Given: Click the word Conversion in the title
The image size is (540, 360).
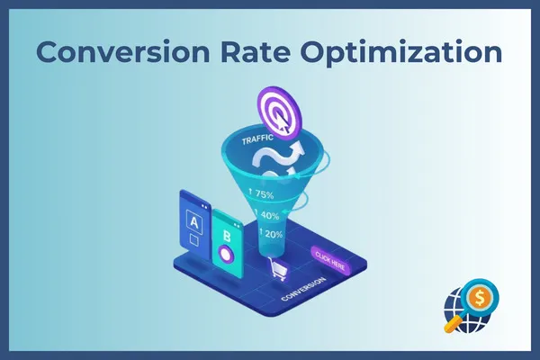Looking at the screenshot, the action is [123, 51].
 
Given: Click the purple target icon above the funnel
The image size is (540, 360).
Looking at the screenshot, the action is [279, 113].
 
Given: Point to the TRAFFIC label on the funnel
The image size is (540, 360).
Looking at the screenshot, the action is [257, 139].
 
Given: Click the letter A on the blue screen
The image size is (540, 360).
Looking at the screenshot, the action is [194, 222].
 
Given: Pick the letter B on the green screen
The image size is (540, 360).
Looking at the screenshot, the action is [227, 237].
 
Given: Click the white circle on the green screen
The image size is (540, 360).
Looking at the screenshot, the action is [226, 255].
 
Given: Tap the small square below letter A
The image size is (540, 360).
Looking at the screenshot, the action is [194, 239].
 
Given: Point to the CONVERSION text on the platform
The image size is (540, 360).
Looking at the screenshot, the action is [303, 289].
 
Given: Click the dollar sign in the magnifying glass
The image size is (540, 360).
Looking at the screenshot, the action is [480, 297].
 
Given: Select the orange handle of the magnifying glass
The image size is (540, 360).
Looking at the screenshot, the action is [453, 323].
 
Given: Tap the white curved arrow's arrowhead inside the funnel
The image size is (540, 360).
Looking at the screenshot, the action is [297, 148].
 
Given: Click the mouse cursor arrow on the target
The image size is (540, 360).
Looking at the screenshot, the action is [283, 123].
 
